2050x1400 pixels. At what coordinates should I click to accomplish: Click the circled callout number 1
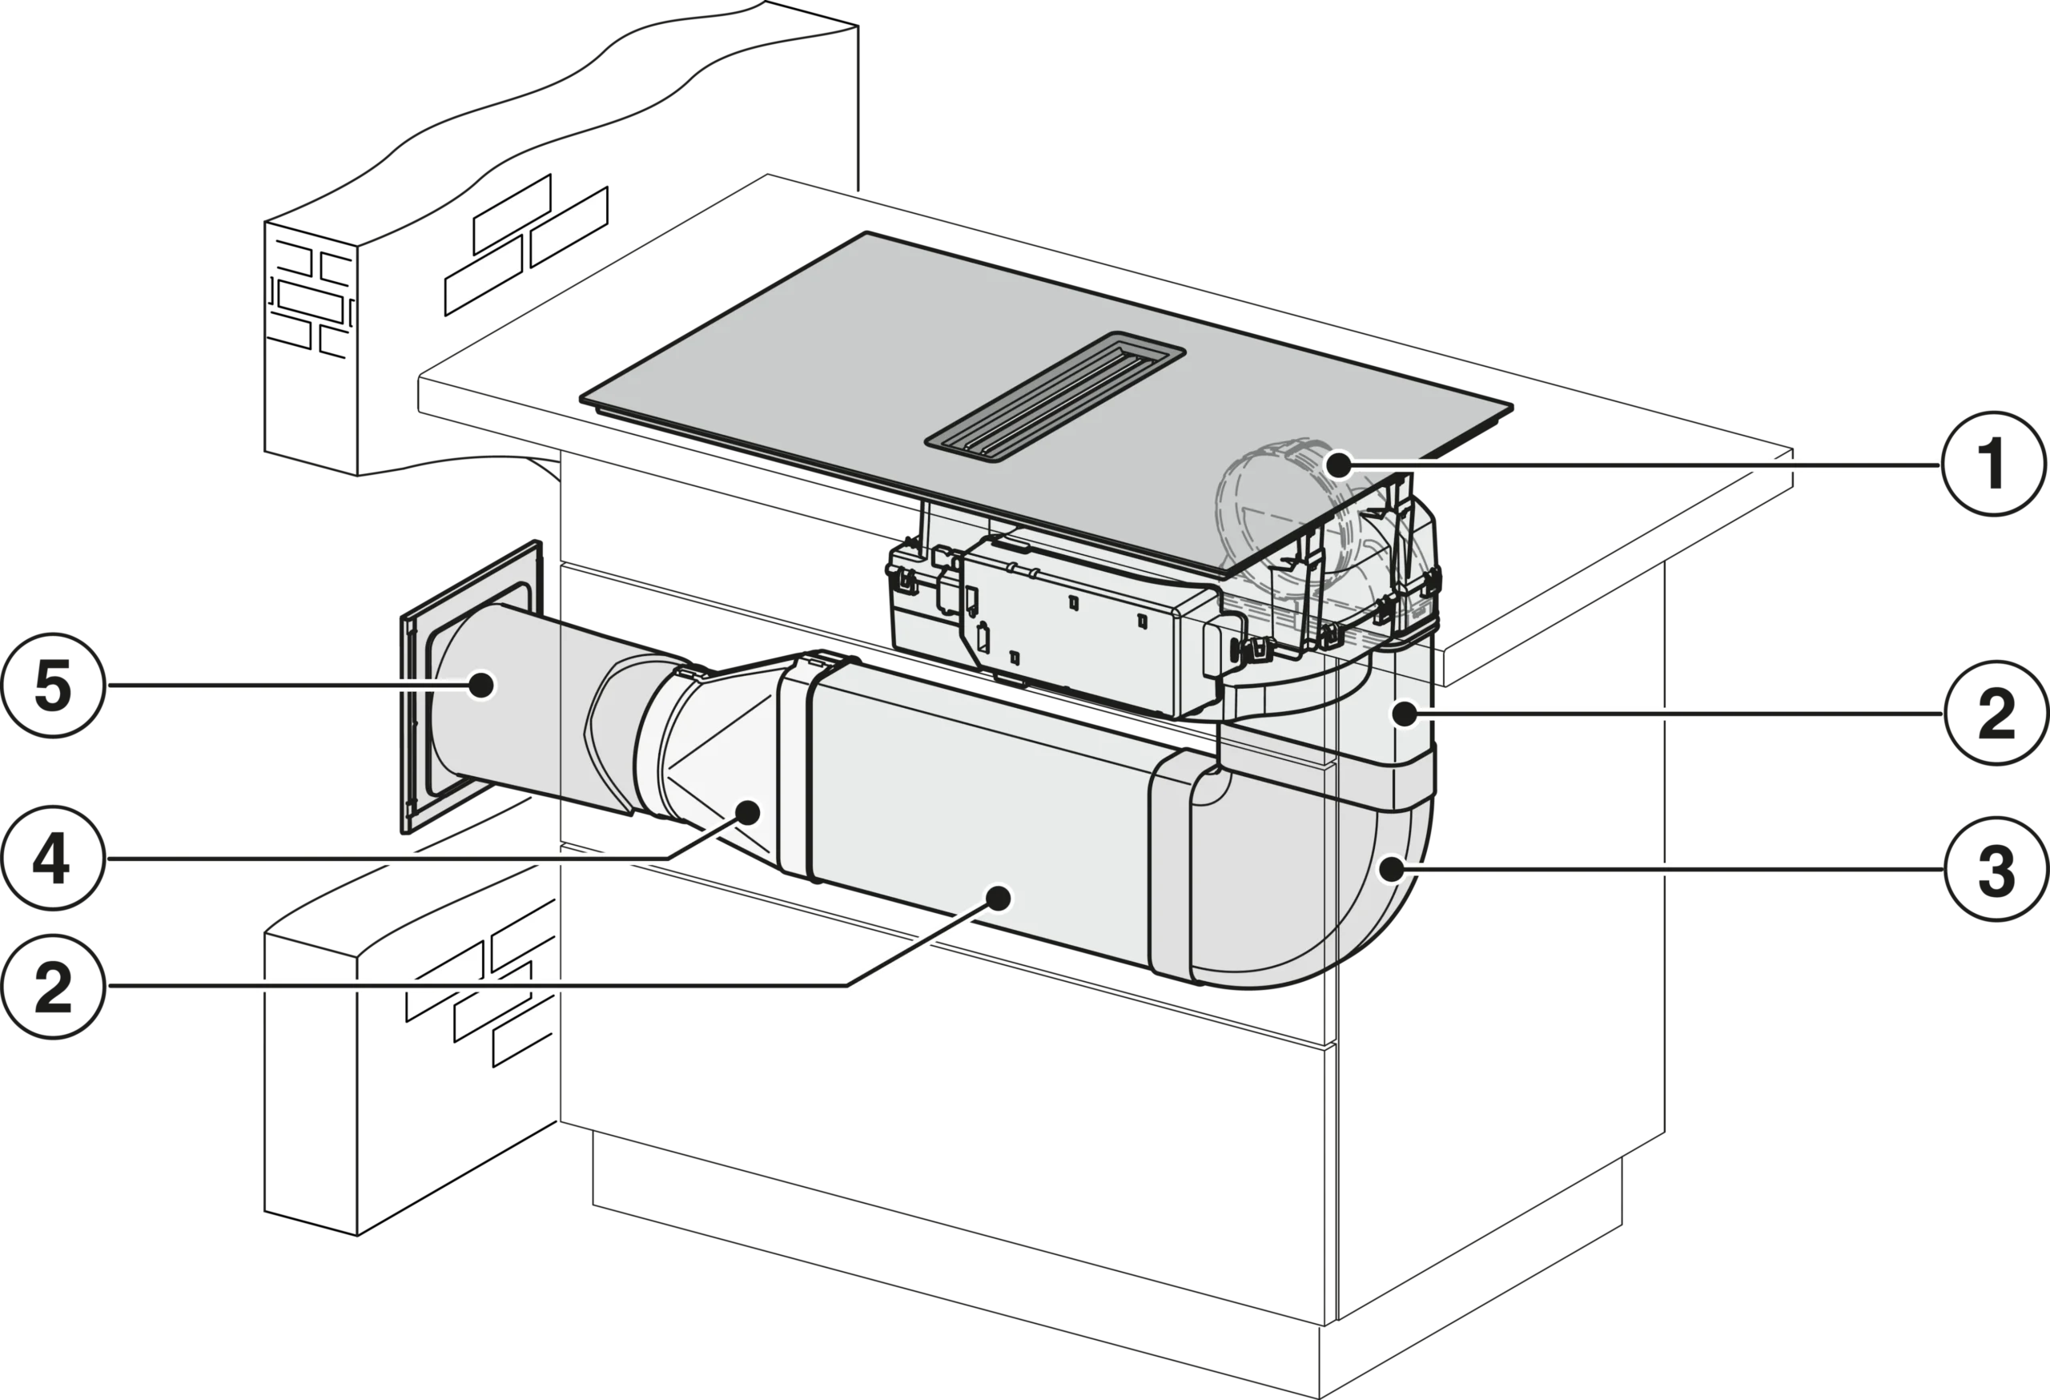pyautogui.click(x=1994, y=464)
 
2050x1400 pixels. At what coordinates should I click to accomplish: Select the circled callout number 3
pyautogui.click(x=1997, y=870)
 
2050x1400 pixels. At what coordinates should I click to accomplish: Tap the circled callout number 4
pyautogui.click(x=53, y=858)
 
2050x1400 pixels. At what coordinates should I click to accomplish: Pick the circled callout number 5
pyautogui.click(x=53, y=686)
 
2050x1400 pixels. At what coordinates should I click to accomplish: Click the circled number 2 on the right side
pyautogui.click(x=1997, y=713)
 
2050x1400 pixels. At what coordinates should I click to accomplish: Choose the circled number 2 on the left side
pyautogui.click(x=53, y=986)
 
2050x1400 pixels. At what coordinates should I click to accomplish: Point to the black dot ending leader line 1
pyautogui.click(x=1339, y=464)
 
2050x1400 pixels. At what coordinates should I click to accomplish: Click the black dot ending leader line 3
pyautogui.click(x=1391, y=870)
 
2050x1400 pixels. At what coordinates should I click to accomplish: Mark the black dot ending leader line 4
pyautogui.click(x=749, y=811)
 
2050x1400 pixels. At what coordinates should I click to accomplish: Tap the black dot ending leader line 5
pyautogui.click(x=480, y=686)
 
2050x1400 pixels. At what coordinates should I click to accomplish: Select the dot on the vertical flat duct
pyautogui.click(x=1404, y=713)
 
